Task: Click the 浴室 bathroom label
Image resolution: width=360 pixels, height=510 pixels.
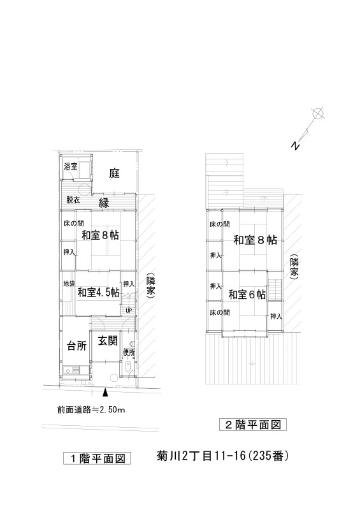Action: coord(71,166)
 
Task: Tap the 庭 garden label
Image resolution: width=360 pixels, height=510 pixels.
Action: coord(114,173)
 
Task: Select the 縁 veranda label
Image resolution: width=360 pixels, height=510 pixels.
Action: coord(104,203)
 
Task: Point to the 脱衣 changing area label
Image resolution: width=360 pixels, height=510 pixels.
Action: coord(73,200)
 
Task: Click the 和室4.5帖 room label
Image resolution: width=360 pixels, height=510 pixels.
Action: coord(98,292)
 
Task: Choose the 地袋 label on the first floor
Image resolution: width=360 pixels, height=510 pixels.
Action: coord(69,284)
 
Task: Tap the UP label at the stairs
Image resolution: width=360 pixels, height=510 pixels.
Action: coord(129,310)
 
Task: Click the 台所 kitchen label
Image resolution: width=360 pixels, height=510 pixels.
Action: coord(76,346)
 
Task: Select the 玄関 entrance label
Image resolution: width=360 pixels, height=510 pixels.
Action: coord(108,341)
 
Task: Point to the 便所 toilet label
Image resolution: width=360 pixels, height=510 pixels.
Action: coord(129,352)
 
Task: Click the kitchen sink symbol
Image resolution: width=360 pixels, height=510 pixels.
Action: coord(72,370)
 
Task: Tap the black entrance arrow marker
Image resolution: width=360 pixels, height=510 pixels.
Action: coord(104,393)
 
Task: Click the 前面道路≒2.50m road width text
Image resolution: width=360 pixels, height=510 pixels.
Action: coord(91,410)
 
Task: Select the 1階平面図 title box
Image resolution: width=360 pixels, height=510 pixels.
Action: coord(97,458)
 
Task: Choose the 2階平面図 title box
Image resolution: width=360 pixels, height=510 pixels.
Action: coord(253,425)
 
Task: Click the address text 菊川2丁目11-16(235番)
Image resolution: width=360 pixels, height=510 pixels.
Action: coord(223,456)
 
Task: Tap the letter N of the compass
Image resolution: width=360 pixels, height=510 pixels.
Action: coord(294,146)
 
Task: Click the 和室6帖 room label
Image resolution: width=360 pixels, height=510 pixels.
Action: coord(247,295)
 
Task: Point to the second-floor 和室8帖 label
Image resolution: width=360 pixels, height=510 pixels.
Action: coord(256,240)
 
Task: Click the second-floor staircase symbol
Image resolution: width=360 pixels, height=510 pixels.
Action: coord(275,290)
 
